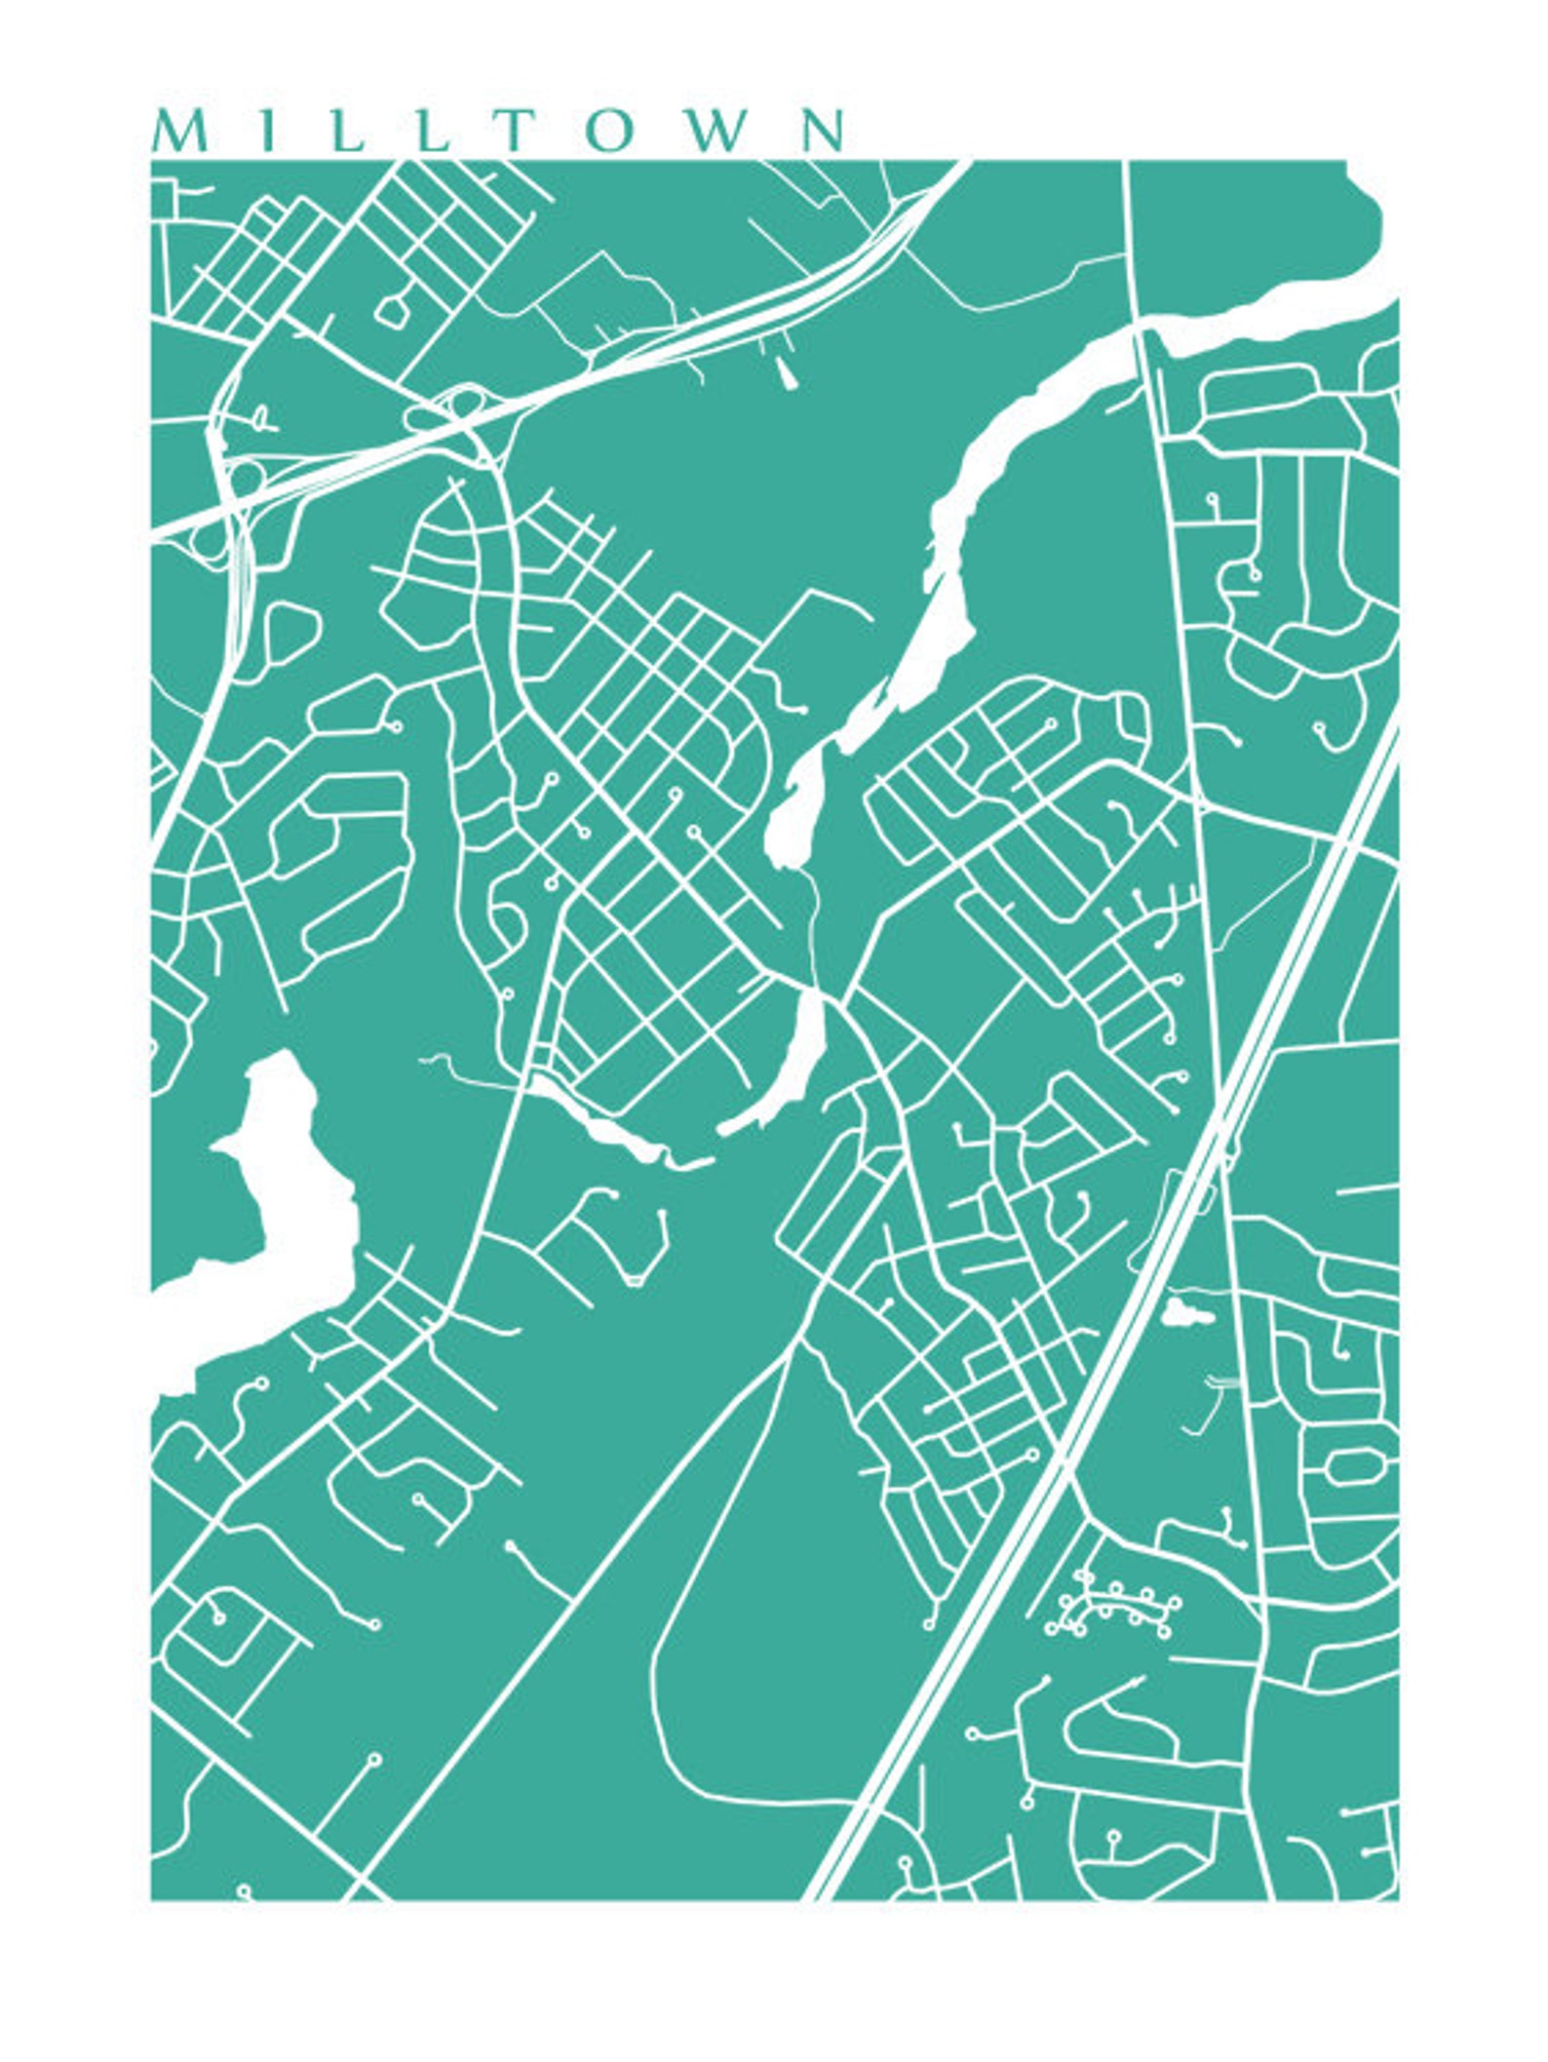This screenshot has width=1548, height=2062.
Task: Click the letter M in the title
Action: (x=179, y=132)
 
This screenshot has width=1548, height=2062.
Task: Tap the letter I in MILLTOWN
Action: (x=265, y=132)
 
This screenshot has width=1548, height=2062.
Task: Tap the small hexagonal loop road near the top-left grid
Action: (x=393, y=310)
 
